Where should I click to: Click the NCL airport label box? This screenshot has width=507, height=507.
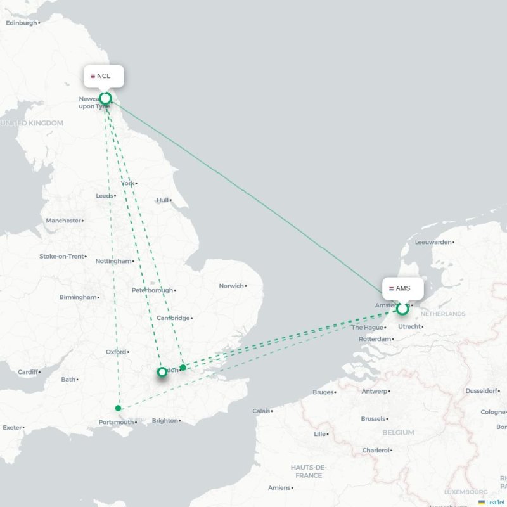(104, 76)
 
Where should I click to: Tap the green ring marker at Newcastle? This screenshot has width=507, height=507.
(106, 98)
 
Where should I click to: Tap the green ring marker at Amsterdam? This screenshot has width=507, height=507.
(402, 309)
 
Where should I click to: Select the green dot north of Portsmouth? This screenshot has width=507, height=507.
(119, 408)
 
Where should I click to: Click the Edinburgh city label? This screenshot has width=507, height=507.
(22, 23)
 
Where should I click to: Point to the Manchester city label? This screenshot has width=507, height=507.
(63, 221)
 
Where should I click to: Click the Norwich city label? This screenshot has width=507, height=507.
(231, 286)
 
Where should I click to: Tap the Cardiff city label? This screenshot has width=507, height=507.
(28, 372)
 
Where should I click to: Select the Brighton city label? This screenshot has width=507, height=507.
(165, 420)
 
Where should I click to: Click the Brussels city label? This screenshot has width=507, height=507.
(373, 419)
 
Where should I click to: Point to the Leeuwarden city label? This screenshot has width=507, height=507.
(433, 242)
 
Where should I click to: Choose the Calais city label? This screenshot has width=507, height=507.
(261, 411)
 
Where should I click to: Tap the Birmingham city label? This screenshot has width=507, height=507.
(79, 297)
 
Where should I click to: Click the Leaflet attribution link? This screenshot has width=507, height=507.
(495, 502)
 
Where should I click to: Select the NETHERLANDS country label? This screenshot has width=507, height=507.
(442, 314)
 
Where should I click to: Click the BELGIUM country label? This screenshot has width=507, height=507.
(398, 433)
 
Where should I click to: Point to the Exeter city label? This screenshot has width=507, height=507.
(12, 427)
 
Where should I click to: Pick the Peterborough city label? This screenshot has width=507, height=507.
(152, 290)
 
